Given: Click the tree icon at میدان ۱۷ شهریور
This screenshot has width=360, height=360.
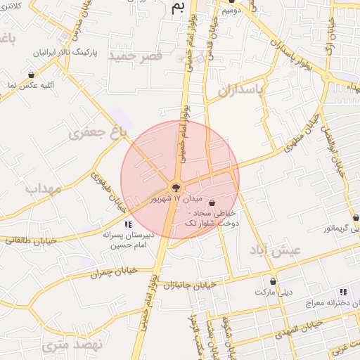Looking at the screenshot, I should [x=175, y=188].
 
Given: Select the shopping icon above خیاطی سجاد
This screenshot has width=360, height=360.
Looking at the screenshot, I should [x=212, y=202].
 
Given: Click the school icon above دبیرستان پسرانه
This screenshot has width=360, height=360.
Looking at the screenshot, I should [x=127, y=224].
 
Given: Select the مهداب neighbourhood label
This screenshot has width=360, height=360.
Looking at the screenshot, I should [x=44, y=188].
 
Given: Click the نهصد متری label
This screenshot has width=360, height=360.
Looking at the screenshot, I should [x=72, y=345].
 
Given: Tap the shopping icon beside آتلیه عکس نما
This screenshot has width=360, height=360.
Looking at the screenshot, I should [x=31, y=75].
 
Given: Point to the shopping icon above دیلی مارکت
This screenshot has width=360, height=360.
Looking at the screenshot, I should [x=273, y=281].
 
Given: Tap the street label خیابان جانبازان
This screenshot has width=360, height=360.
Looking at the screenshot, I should [x=188, y=285].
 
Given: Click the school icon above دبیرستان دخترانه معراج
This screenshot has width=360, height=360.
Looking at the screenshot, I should [x=343, y=291].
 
